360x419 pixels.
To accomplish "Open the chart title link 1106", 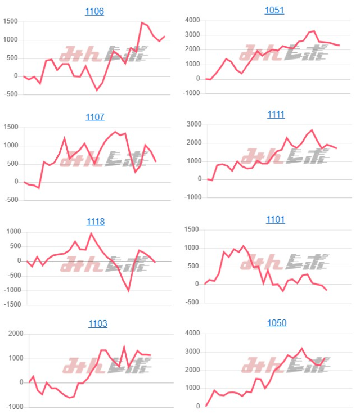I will [x=94, y=11].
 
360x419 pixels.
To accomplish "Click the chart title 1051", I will [x=274, y=10].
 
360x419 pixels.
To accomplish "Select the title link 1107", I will [x=94, y=117].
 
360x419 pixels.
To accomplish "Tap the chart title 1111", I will [x=276, y=114].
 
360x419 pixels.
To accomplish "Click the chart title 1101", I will [x=276, y=219].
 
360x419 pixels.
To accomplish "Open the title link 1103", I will [x=97, y=323].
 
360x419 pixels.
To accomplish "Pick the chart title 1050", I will [x=276, y=323].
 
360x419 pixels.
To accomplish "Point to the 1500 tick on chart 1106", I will [x=11, y=21].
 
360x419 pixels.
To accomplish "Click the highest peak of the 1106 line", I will [x=142, y=22].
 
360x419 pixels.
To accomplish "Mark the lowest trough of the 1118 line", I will [x=129, y=291].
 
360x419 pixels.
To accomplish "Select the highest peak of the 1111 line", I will [x=312, y=130].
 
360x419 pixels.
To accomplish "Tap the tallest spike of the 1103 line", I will [x=124, y=346].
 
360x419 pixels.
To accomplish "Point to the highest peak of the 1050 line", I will [x=302, y=349].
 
